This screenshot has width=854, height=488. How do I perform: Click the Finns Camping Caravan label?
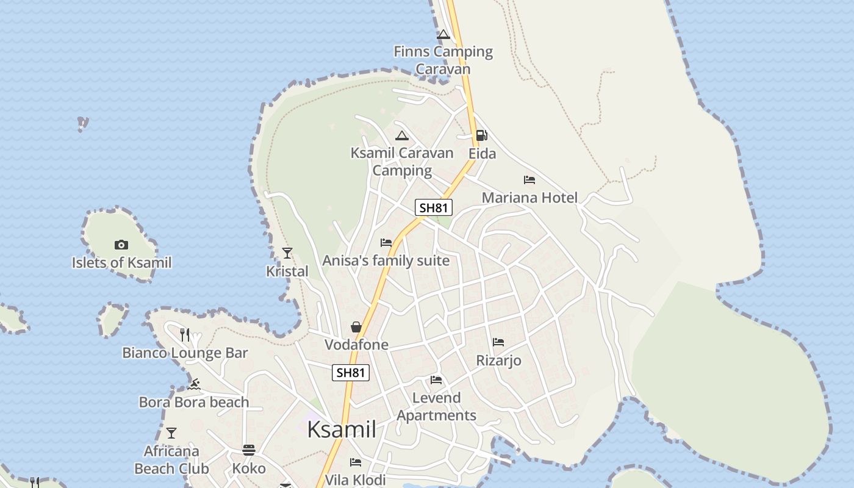pyautogui.click(x=443, y=60)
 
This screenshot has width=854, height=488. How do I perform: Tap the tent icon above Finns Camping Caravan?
pyautogui.click(x=443, y=35)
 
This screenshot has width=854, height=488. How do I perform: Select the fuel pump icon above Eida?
pyautogui.click(x=481, y=135)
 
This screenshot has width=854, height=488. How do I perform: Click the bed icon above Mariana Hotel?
pyautogui.click(x=529, y=180)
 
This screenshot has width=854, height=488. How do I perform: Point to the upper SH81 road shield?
pyautogui.click(x=434, y=207)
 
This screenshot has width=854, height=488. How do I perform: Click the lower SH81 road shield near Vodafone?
pyautogui.click(x=351, y=372)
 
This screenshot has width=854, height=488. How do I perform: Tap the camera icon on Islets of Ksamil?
pyautogui.click(x=121, y=245)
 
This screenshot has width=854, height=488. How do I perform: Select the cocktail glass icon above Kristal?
pyautogui.click(x=287, y=253)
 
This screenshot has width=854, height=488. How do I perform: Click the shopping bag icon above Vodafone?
pyautogui.click(x=356, y=328)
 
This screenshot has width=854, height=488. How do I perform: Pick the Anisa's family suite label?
pyautogui.click(x=386, y=261)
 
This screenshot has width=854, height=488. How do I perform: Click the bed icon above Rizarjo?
pyautogui.click(x=498, y=342)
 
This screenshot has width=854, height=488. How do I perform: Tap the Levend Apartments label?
pyautogui.click(x=436, y=406)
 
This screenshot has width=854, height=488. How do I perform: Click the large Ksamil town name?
pyautogui.click(x=342, y=429)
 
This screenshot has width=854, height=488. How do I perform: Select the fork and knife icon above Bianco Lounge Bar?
pyautogui.click(x=185, y=334)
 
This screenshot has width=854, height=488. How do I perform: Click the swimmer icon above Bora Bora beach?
pyautogui.click(x=194, y=384)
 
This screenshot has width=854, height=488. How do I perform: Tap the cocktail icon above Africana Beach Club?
pyautogui.click(x=171, y=433)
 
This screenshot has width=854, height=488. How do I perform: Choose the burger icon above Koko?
pyautogui.click(x=248, y=450)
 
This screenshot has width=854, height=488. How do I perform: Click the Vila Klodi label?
pyautogui.click(x=356, y=479)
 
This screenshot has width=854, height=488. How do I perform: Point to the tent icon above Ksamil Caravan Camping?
pyautogui.click(x=401, y=135)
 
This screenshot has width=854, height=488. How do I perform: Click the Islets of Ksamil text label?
pyautogui.click(x=121, y=263)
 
